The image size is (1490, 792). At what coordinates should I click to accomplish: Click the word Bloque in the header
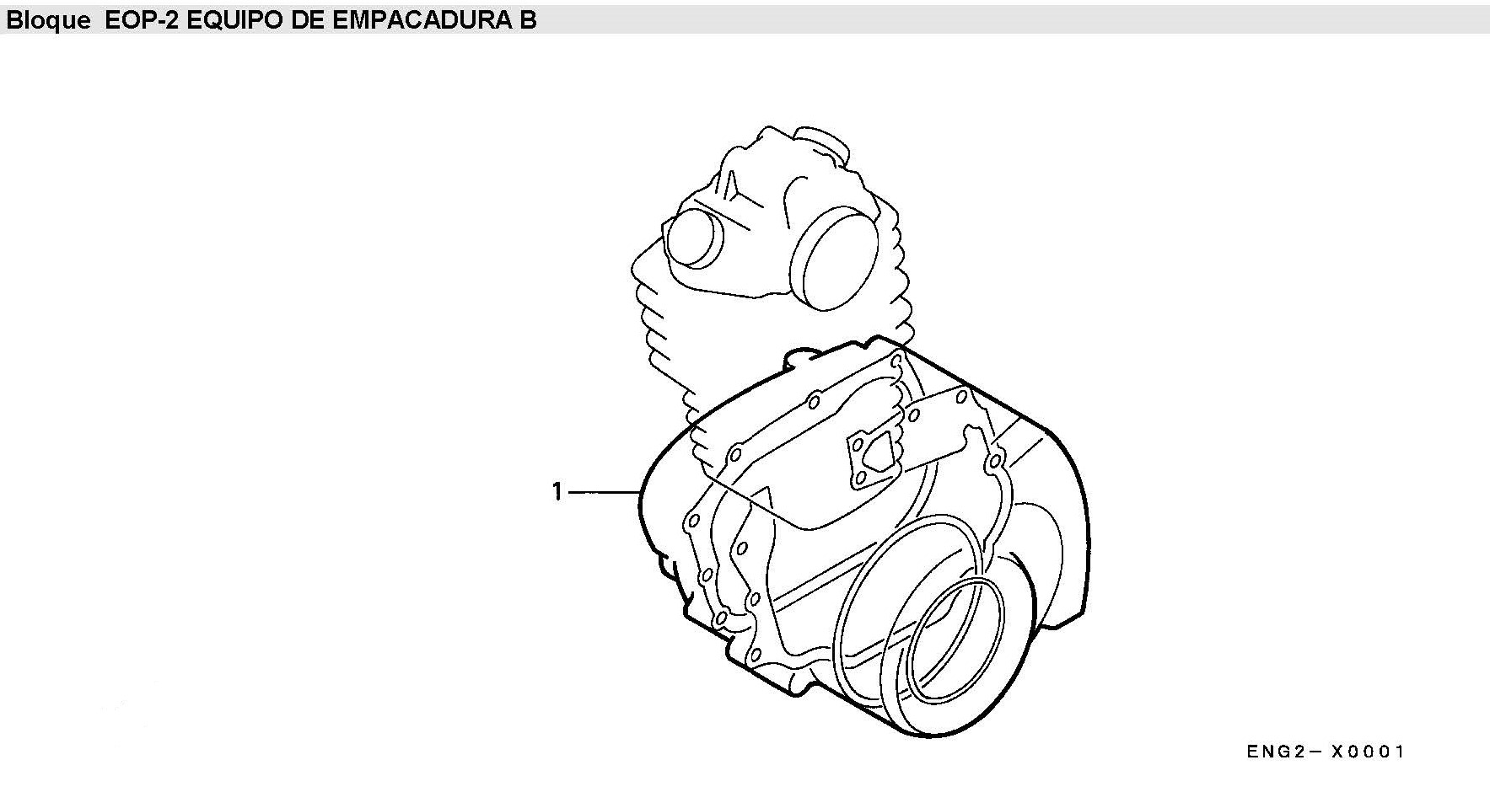(x=48, y=20)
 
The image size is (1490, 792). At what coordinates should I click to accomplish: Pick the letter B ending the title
(x=528, y=20)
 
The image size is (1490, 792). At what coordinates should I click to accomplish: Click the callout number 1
(x=557, y=491)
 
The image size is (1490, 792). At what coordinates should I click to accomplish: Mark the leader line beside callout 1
(x=604, y=491)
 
